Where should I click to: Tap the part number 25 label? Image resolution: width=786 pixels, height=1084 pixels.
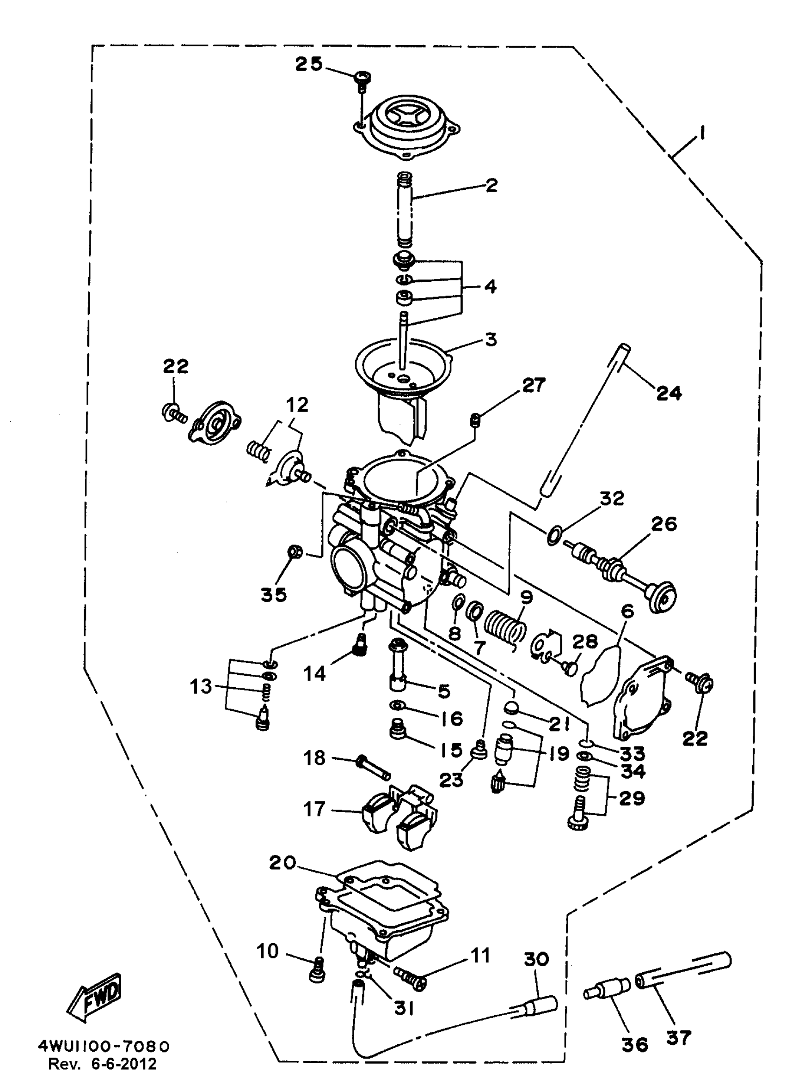tap(308, 64)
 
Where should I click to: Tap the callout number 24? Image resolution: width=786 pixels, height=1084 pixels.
tap(668, 393)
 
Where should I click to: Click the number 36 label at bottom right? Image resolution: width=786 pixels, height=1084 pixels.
tap(635, 1045)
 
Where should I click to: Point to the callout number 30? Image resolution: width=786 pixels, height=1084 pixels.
tap(536, 959)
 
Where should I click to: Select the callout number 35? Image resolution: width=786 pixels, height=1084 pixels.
tap(274, 594)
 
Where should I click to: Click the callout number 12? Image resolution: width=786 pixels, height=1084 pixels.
tap(297, 405)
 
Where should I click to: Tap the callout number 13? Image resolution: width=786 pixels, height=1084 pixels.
tap(201, 686)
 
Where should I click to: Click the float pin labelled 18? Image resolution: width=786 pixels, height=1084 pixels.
tap(374, 768)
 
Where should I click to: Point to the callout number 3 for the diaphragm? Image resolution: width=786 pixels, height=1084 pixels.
tap(491, 339)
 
